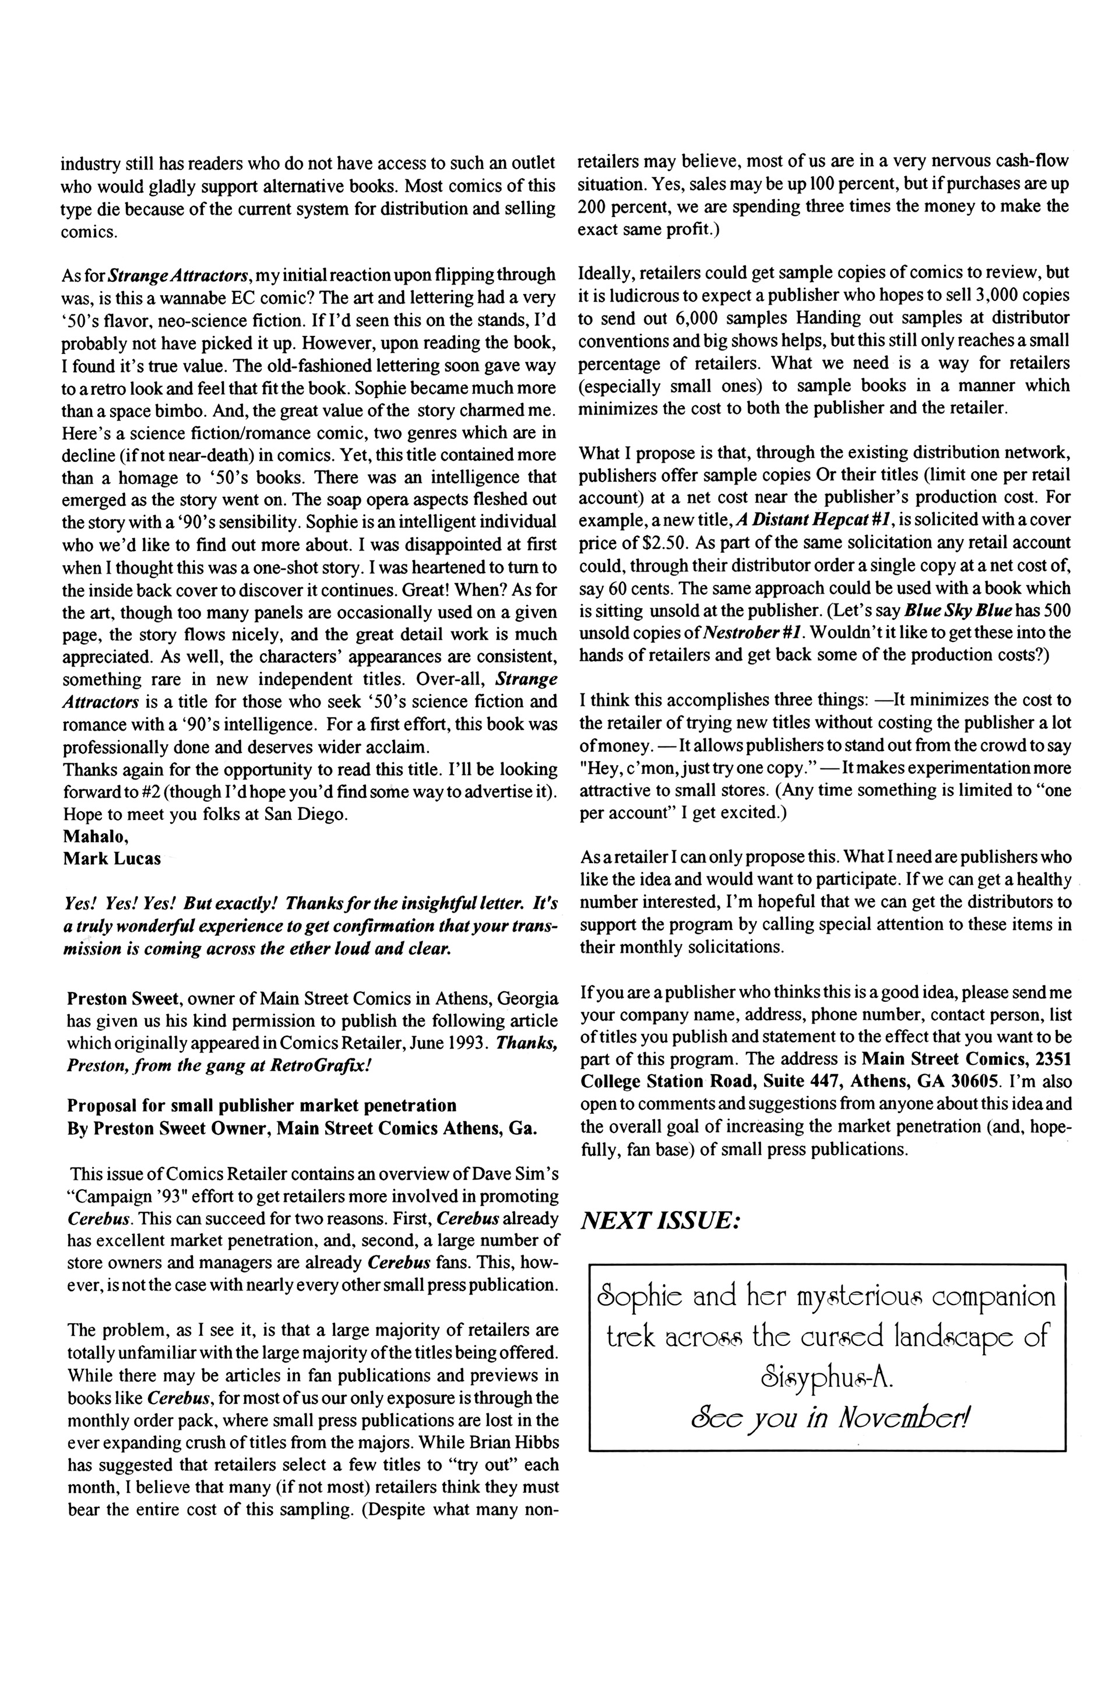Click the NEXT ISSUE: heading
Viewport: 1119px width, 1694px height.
pos(661,1220)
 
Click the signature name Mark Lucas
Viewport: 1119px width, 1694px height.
pos(112,859)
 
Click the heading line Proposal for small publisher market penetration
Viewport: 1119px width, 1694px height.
pos(261,1106)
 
